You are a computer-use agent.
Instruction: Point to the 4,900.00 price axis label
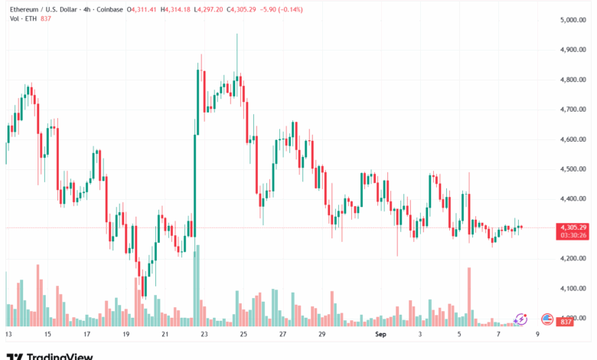point(573,49)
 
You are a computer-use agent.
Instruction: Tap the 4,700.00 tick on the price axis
point(573,110)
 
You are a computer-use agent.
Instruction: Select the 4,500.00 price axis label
point(573,169)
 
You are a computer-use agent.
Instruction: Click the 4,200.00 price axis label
point(573,259)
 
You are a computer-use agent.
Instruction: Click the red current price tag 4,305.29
point(573,227)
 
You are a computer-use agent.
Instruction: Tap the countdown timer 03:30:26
point(573,235)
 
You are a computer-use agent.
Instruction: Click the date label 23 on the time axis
point(204,335)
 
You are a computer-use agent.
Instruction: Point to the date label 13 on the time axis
point(8,335)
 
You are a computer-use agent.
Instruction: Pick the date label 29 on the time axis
point(322,335)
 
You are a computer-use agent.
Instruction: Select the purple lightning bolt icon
point(520,319)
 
